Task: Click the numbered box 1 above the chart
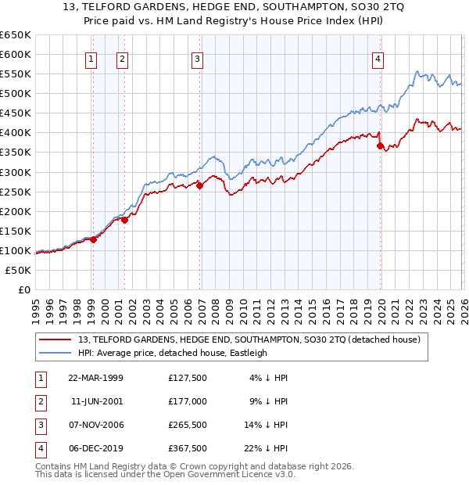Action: click(91, 58)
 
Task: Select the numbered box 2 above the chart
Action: click(123, 58)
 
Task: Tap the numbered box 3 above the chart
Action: click(197, 58)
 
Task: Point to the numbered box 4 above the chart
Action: click(378, 58)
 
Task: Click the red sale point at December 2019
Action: click(380, 145)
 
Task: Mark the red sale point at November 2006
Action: click(199, 185)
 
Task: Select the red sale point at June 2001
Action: click(124, 220)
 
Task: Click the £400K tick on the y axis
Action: click(15, 132)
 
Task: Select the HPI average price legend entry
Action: click(172, 353)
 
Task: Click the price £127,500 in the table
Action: click(187, 378)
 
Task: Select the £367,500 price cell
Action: click(187, 448)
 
